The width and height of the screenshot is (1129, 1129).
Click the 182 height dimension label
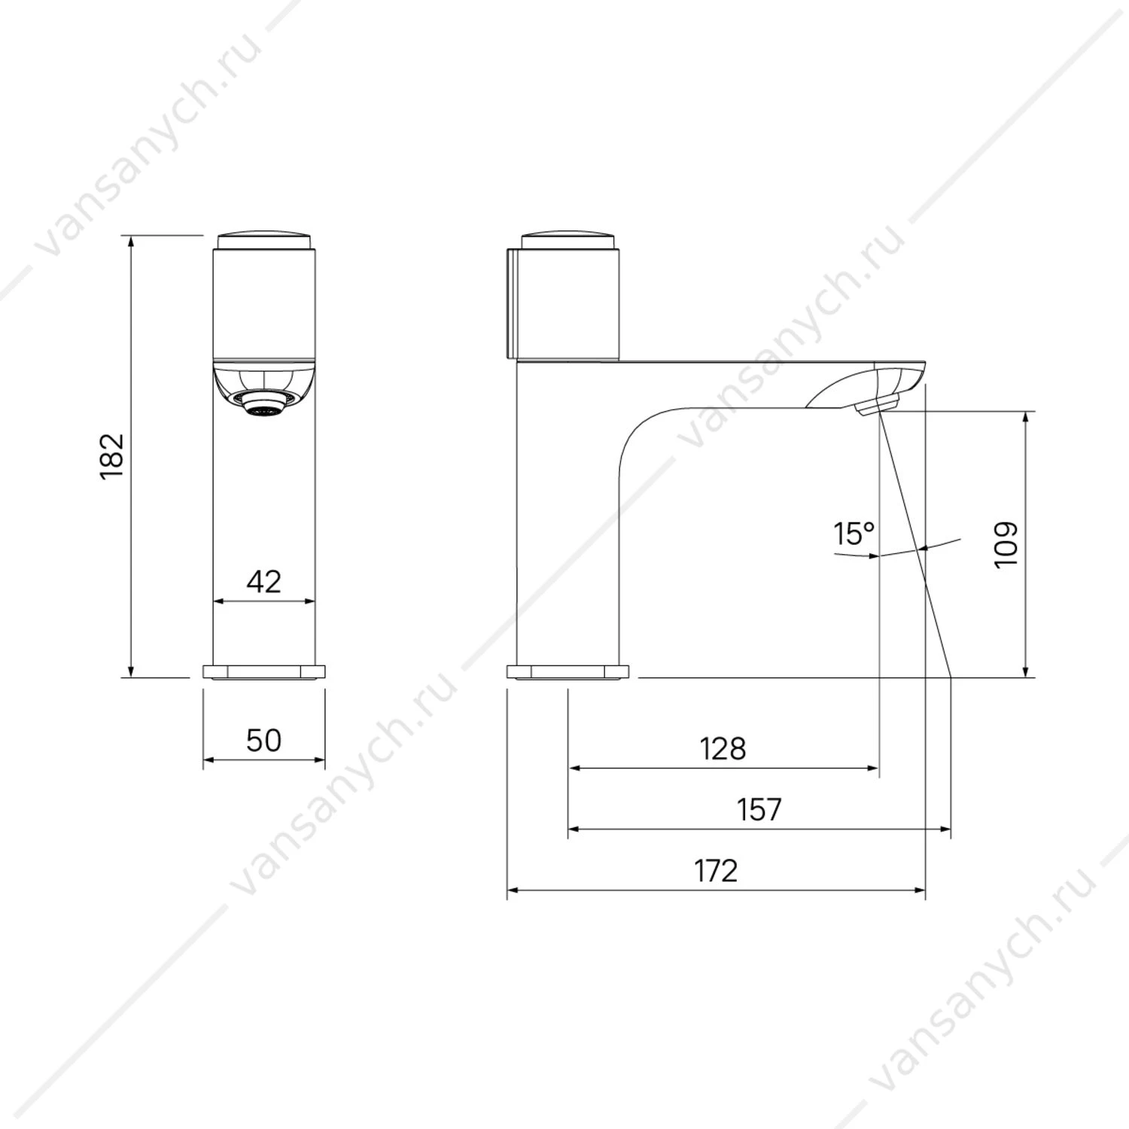111,456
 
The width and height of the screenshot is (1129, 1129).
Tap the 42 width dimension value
263,581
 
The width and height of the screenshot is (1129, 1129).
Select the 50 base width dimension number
263,740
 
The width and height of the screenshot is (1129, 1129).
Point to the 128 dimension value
723,749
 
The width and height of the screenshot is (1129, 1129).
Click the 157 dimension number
759,810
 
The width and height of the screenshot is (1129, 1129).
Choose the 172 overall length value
716,871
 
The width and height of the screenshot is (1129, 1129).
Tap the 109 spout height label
1006,544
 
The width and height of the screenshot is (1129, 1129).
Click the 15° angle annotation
854,534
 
